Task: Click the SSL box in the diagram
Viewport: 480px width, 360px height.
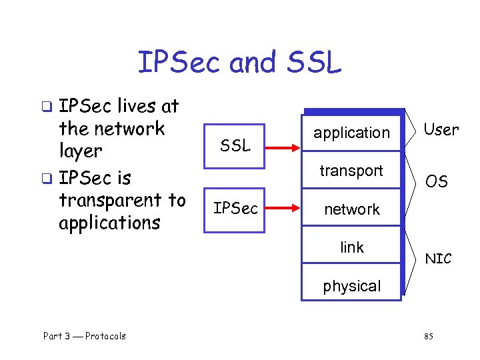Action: point(234,145)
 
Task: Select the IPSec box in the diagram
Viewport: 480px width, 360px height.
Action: point(234,209)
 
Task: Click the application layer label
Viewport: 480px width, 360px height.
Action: point(351,133)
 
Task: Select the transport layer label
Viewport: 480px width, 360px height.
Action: point(351,171)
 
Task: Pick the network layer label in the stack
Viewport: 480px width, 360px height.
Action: point(351,209)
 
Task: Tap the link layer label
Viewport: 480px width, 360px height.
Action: point(351,247)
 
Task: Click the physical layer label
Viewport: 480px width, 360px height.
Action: point(351,286)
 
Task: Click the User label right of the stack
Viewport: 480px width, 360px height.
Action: point(441,130)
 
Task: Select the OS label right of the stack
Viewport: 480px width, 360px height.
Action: point(437,181)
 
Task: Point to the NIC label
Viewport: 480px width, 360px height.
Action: point(438,259)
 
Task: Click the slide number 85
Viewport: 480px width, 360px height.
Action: point(428,336)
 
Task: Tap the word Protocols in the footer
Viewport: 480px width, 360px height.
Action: point(105,336)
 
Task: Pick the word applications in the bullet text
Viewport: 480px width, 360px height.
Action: point(109,223)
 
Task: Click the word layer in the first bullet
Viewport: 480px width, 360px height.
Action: point(80,151)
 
